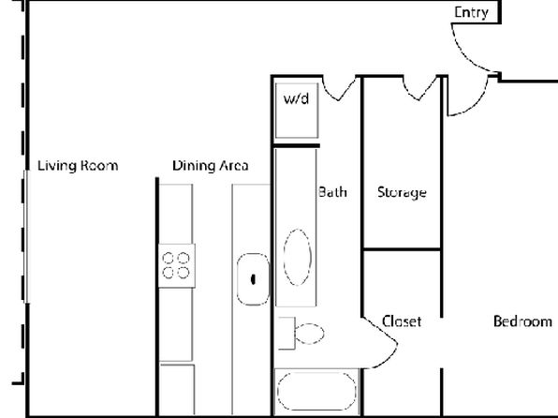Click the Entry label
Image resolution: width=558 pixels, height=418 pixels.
(471, 13)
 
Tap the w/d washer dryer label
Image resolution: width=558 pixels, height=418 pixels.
(296, 98)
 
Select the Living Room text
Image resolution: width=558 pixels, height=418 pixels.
(78, 166)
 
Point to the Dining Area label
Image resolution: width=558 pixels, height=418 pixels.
(211, 166)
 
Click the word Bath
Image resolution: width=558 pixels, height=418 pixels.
(332, 192)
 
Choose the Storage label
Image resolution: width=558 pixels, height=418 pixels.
(402, 193)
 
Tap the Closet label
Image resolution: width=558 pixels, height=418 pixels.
(402, 321)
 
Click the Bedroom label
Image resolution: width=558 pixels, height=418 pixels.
(522, 321)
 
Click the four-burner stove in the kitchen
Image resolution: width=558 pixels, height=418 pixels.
(177, 265)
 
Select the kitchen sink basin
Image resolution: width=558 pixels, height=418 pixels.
(253, 279)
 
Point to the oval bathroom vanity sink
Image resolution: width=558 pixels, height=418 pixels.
(298, 258)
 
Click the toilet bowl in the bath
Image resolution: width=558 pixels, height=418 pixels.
(309, 334)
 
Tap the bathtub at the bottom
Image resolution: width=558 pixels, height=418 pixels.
(316, 391)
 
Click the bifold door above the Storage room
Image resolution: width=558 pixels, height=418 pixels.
(420, 89)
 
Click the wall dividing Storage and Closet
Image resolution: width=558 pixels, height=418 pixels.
(402, 249)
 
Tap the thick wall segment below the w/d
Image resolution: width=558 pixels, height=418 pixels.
(296, 145)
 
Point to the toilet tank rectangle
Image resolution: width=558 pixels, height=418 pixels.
(286, 334)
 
